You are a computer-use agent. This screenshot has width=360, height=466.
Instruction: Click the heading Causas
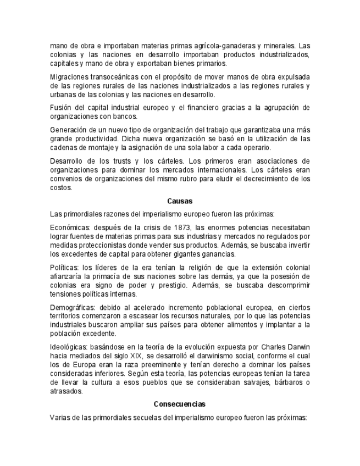click(180, 201)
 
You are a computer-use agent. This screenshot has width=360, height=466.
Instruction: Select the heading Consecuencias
click(180, 404)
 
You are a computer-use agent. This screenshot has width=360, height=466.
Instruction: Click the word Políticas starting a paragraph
click(64, 267)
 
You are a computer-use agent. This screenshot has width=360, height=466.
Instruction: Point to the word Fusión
click(61, 107)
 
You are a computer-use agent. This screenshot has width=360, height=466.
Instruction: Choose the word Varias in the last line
click(60, 418)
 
